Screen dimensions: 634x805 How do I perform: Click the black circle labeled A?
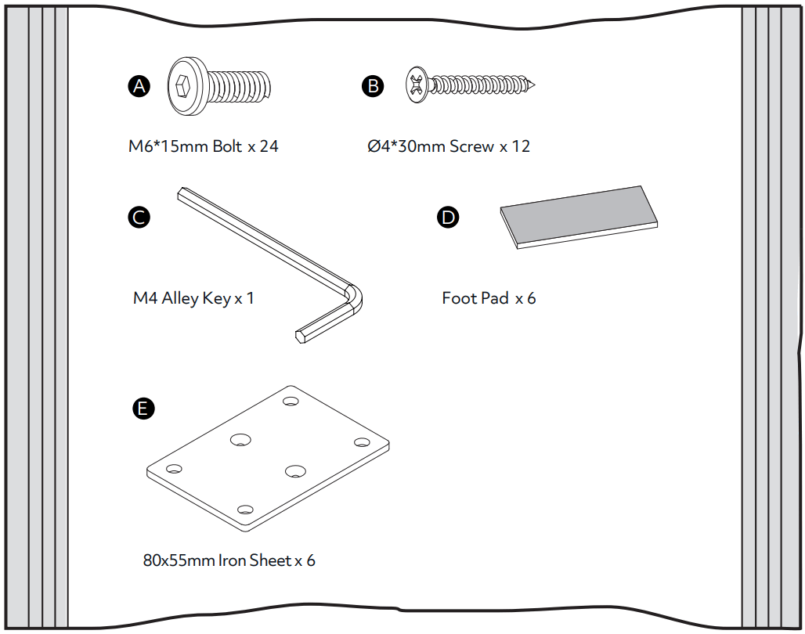click(x=139, y=87)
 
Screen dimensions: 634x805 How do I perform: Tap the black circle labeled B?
click(x=373, y=86)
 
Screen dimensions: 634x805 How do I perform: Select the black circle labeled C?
click(x=139, y=218)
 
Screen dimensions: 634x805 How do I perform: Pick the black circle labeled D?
click(x=447, y=218)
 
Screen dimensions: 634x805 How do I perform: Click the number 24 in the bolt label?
click(x=269, y=146)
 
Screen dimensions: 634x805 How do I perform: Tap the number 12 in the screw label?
click(x=520, y=146)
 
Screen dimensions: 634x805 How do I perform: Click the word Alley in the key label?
click(x=179, y=298)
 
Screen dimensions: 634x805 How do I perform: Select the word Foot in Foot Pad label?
click(x=458, y=298)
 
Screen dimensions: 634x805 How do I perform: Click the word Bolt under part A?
click(x=227, y=146)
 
